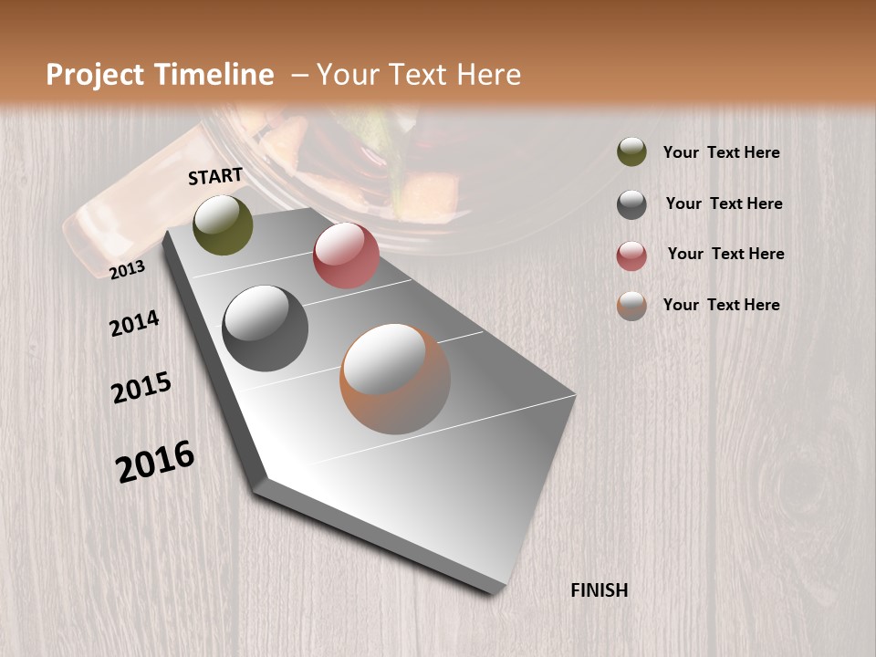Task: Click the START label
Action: click(215, 176)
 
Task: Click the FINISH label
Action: click(600, 590)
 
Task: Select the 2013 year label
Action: click(128, 269)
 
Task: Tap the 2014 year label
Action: click(134, 323)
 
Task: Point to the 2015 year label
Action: click(141, 389)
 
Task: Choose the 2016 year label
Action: click(155, 461)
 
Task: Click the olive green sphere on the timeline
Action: click(224, 224)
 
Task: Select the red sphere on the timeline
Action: click(346, 255)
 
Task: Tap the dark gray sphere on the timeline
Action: click(266, 328)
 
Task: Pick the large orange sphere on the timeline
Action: click(395, 378)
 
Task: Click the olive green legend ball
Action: click(631, 151)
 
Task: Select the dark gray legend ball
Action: click(631, 204)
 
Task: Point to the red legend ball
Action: click(631, 255)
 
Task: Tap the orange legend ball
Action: click(631, 306)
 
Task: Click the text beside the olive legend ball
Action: click(721, 153)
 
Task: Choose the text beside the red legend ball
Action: click(725, 254)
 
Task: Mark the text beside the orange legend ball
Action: click(721, 305)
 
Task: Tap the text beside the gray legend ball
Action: click(724, 203)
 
